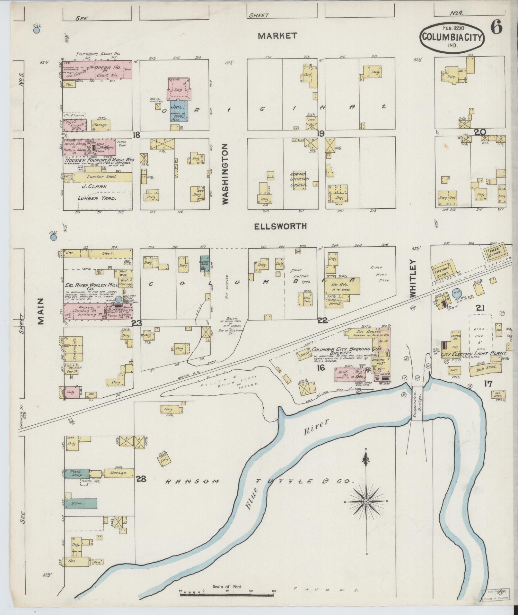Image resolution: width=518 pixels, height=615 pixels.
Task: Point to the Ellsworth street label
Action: [x=280, y=226]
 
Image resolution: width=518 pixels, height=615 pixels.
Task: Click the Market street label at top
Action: [x=277, y=36]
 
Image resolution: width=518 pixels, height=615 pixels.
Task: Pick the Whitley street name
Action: [x=413, y=278]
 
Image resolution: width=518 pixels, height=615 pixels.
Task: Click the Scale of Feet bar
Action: [x=227, y=595]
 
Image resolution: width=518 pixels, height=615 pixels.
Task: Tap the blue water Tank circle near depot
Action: [x=455, y=293]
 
